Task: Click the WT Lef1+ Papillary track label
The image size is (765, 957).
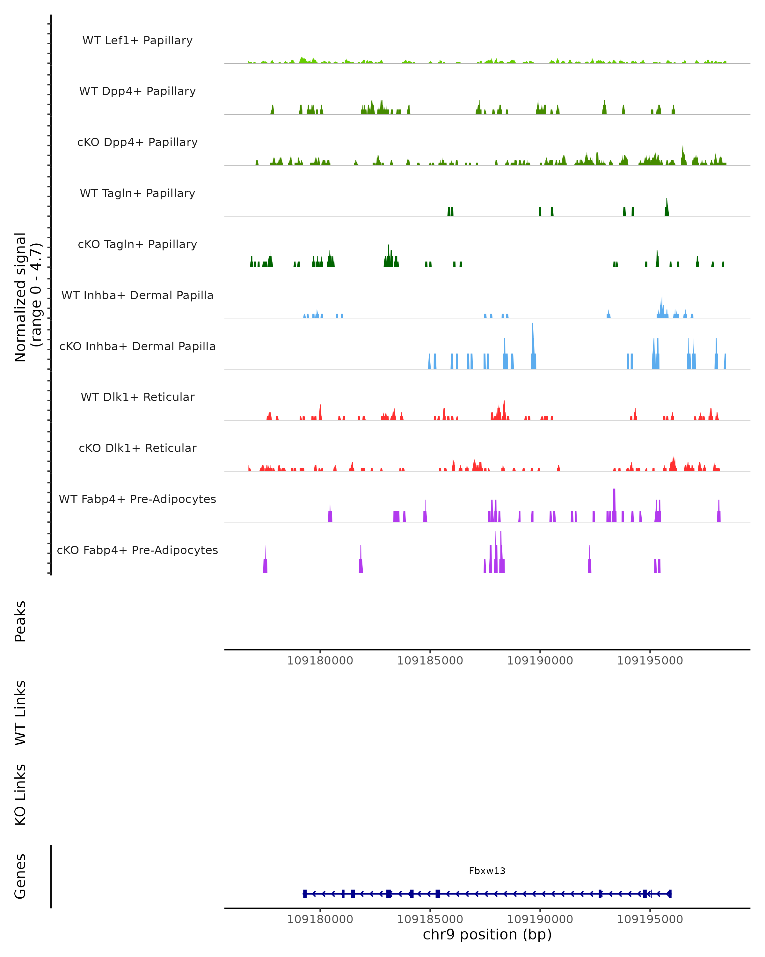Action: (137, 41)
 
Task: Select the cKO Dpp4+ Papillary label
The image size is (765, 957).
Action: (137, 143)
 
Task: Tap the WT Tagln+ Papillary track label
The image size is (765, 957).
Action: (137, 194)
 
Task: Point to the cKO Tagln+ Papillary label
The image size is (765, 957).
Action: (137, 245)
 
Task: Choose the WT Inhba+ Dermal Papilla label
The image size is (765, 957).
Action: (137, 296)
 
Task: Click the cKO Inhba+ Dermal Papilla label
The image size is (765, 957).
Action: (137, 347)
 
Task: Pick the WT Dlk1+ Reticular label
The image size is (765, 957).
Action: (137, 397)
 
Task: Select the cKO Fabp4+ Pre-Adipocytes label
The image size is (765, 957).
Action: (137, 550)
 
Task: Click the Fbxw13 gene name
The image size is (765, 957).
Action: (487, 871)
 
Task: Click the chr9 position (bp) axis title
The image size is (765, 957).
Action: (487, 934)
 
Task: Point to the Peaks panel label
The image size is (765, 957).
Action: (20, 621)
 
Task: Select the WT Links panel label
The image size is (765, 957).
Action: (20, 713)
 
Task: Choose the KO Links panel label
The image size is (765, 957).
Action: (20, 795)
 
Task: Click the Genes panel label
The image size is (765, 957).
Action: (20, 876)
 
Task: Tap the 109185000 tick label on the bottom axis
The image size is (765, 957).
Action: (430, 919)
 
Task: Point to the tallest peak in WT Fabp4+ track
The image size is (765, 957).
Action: (614, 491)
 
